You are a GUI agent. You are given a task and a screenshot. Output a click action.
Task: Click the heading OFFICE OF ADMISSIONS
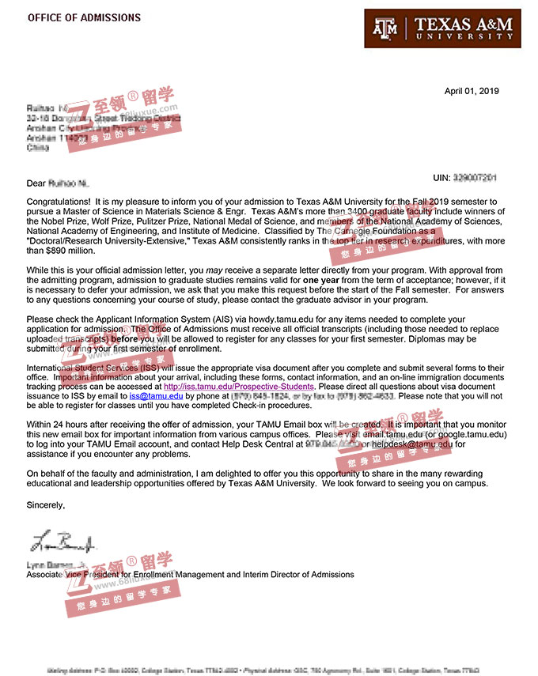click(x=84, y=17)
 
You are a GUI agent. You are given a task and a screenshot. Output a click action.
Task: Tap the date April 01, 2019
click(x=472, y=91)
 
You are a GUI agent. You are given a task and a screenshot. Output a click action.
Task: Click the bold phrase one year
click(x=323, y=280)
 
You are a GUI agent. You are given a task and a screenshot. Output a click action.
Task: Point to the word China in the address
click(x=37, y=147)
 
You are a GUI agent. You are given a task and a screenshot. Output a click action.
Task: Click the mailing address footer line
click(x=268, y=668)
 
